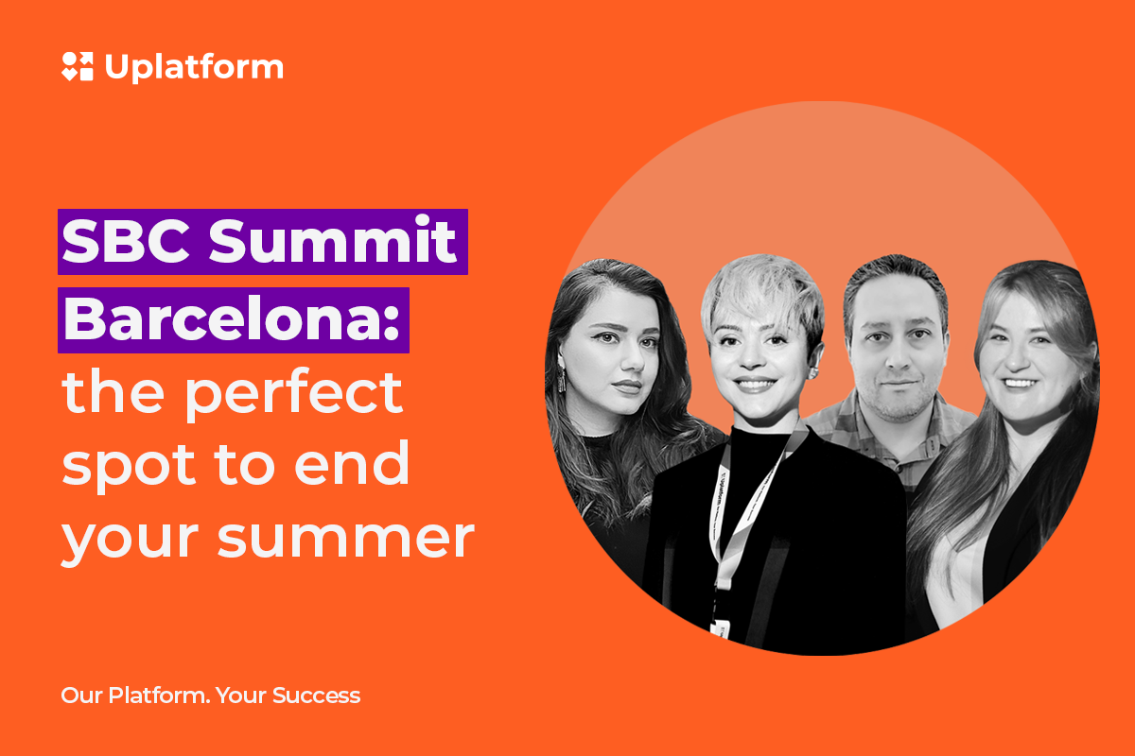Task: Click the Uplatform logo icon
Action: coord(78,66)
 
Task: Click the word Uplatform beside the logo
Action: coord(194,67)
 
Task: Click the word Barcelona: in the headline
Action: coord(232,319)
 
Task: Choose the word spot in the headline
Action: coord(129,467)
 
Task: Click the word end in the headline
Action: coord(351,462)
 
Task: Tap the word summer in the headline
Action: coord(345,539)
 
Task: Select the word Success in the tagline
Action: coord(316,696)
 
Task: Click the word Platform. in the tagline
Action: coord(159,696)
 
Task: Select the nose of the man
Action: coord(899,356)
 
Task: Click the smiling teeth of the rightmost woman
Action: coord(1020,384)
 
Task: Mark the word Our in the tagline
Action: coord(82,696)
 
